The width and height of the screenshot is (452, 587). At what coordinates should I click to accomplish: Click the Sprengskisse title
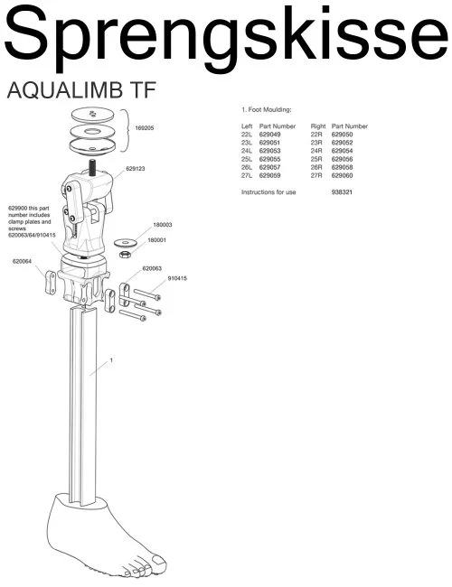[226, 36]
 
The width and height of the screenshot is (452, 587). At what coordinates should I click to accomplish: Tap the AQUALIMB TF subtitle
[81, 90]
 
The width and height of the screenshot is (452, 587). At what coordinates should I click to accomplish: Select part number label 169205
[145, 128]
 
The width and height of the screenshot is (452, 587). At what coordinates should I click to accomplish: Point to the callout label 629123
[136, 169]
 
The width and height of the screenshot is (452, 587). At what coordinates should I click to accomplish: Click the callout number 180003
[163, 225]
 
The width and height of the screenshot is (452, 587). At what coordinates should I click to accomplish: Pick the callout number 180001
[156, 240]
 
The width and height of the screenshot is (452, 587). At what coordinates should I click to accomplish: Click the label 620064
[22, 262]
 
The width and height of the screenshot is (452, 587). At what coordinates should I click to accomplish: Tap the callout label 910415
[177, 278]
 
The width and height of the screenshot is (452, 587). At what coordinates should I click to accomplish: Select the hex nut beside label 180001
[125, 255]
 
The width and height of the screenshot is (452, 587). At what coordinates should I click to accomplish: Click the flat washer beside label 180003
[126, 243]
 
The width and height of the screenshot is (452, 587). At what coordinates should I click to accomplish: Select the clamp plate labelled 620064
[51, 283]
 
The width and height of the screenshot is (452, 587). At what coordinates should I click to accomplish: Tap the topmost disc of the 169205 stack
[92, 115]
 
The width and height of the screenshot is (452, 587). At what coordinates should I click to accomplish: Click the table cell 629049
[269, 135]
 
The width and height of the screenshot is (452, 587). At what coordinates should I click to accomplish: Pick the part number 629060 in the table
[342, 175]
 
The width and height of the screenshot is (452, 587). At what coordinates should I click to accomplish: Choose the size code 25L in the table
[247, 159]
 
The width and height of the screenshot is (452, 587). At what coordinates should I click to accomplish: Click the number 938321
[342, 192]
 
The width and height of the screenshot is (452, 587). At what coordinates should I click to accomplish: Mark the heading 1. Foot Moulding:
[266, 109]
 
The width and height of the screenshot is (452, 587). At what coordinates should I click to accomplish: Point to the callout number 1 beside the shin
[111, 360]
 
